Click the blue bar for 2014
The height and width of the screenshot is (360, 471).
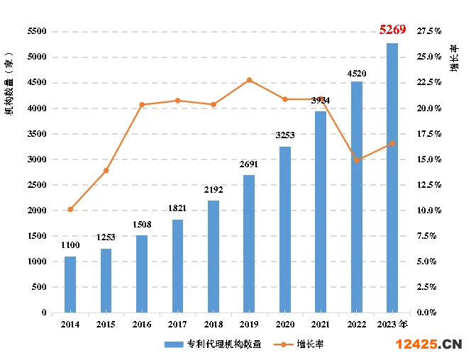pos(70,284)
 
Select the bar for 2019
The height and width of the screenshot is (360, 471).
pos(249,244)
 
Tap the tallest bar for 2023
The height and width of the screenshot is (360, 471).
pos(392,177)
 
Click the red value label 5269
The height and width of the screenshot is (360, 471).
pos(392,29)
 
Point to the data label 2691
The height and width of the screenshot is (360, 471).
pos(249,164)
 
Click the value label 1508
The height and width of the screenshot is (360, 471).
pos(142,225)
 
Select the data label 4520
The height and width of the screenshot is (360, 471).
pos(356,72)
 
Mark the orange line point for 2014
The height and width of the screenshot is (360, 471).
pos(70,209)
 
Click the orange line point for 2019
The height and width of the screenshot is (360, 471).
pos(249,80)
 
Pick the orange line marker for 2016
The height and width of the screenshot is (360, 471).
pos(142,105)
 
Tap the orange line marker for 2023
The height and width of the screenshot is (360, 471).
pos(392,143)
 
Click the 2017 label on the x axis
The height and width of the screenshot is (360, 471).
pos(177,324)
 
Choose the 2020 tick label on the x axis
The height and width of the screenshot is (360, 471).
pos(284,324)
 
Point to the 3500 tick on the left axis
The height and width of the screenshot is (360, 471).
pos(37,134)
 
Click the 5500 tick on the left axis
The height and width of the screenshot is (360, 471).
pos(37,32)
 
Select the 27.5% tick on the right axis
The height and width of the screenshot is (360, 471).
pos(429,32)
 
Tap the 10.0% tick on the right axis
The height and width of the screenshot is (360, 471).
pos(429,210)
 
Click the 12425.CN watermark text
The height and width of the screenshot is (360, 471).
pos(428,344)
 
